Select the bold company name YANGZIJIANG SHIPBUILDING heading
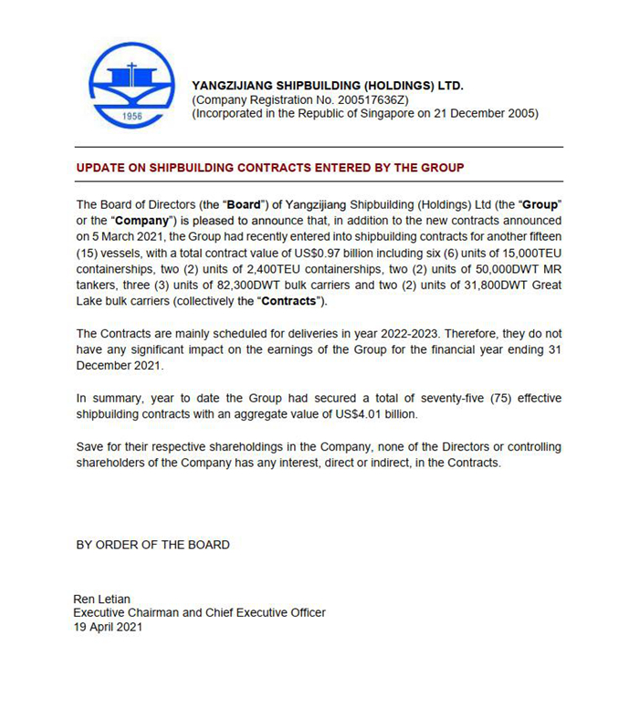(328, 86)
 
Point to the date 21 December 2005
(483, 114)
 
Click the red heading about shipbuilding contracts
(270, 168)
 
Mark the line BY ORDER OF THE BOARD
(152, 545)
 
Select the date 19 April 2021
(108, 627)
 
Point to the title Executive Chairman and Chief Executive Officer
(199, 612)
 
